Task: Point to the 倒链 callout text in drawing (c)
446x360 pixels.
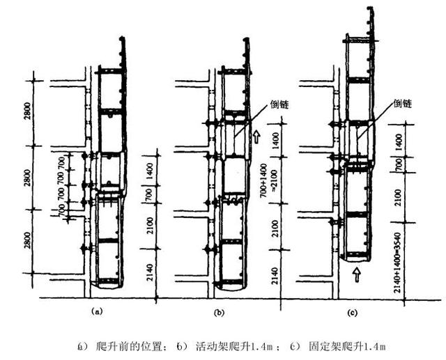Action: point(402,103)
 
